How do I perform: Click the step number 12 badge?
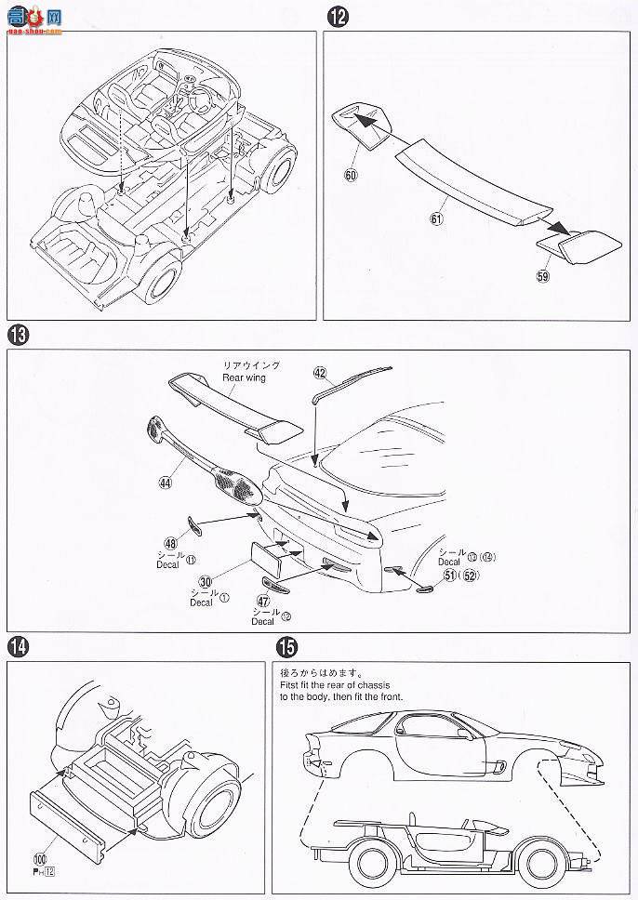336,15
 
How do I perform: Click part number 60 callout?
350,173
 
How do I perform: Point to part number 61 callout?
435,218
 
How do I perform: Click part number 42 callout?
320,373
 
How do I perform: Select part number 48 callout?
169,543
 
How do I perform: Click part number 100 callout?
40,865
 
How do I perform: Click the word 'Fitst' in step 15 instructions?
292,684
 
